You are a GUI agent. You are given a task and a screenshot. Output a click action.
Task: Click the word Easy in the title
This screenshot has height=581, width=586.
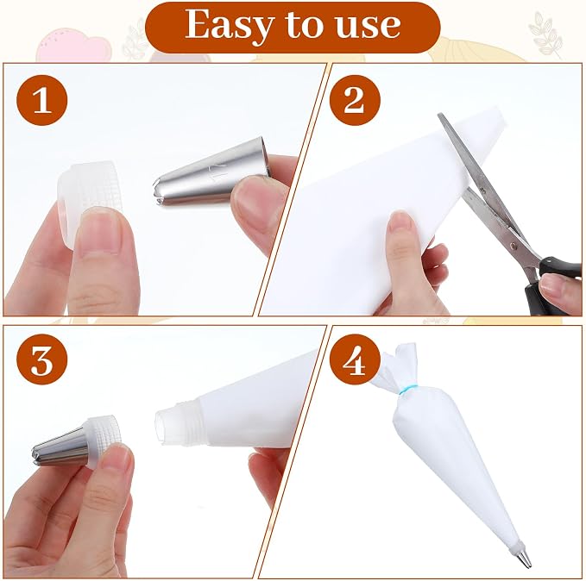coord(229,25)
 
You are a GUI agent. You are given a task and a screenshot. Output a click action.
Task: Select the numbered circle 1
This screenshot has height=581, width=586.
coord(41,100)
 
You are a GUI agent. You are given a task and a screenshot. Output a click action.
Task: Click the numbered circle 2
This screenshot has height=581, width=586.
coord(355,100)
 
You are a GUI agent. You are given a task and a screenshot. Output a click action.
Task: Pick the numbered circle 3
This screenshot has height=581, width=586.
coord(41,359)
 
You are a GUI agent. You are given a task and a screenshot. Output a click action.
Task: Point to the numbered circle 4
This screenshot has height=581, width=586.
coord(355,359)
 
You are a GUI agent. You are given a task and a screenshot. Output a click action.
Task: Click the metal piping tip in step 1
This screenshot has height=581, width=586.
coord(211,172)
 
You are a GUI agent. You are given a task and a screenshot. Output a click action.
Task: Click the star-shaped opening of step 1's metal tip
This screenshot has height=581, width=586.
coord(158,192)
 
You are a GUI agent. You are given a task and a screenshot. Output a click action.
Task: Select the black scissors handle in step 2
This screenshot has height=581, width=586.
coord(550,284)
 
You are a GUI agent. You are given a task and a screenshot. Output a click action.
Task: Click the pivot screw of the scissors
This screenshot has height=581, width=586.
coord(514,246)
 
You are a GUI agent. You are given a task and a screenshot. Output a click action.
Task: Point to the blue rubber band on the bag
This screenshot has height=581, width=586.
coord(406,388)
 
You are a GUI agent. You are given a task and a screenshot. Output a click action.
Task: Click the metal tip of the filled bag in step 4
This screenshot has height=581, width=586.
coord(522,559)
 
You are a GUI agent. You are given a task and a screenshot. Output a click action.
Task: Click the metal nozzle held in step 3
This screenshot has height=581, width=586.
coord(60,447)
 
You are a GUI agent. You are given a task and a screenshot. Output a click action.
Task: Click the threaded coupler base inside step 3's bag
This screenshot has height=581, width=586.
coord(179,422)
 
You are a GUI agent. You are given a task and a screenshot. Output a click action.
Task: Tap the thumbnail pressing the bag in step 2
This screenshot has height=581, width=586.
coord(401,221)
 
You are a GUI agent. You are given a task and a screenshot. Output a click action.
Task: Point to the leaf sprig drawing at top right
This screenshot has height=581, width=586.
coord(545,34)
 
